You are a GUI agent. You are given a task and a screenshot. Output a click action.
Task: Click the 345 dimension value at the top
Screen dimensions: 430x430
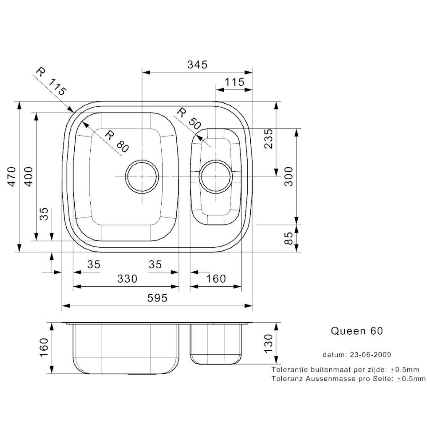(197, 65)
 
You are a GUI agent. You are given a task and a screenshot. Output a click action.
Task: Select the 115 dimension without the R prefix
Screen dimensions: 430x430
(234, 82)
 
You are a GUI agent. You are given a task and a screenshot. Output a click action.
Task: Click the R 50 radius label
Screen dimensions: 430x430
(189, 118)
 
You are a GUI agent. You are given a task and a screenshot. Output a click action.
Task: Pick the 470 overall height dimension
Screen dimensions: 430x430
(11, 176)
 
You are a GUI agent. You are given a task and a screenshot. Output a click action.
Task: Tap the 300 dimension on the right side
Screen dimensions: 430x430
(289, 176)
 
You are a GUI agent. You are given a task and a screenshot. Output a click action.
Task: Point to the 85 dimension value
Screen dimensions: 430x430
(289, 239)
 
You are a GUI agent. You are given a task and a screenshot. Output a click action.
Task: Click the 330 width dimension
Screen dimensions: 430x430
(127, 278)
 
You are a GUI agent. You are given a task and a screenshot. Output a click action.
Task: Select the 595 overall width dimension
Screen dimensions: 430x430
(157, 298)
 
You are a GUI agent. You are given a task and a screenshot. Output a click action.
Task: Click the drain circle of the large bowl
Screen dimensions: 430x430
(142, 176)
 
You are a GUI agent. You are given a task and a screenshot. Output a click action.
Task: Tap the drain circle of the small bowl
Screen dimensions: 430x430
(215, 176)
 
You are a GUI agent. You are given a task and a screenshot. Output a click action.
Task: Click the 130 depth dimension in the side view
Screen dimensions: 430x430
(269, 343)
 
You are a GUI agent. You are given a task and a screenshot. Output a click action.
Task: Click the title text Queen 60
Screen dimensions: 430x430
(357, 331)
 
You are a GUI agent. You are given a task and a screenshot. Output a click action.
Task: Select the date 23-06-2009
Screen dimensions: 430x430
(369, 354)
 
